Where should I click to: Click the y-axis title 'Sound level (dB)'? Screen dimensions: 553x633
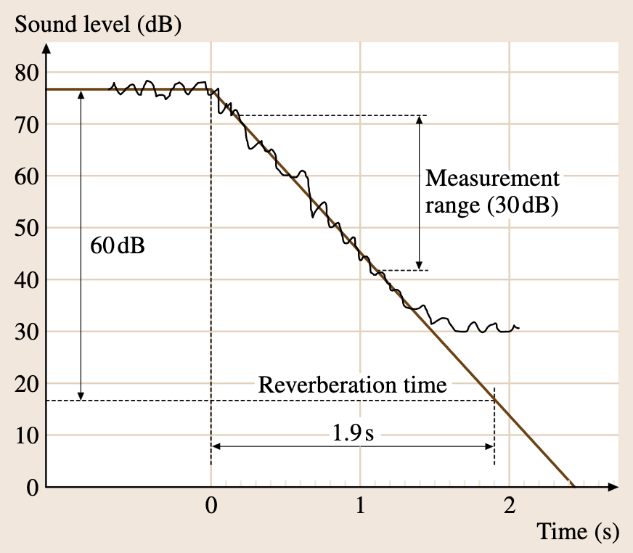[x=98, y=24]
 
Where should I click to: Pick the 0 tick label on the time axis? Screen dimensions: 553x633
[x=211, y=506]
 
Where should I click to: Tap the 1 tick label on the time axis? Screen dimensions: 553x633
[x=360, y=506]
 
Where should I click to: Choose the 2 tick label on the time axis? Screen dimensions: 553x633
[x=510, y=506]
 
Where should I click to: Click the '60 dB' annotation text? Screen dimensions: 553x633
[x=117, y=245]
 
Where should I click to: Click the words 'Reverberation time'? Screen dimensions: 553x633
[x=352, y=385]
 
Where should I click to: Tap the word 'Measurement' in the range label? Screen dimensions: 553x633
[x=493, y=179]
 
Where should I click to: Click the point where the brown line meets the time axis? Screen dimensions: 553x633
[x=572, y=486]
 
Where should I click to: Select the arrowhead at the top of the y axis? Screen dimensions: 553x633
[x=46, y=49]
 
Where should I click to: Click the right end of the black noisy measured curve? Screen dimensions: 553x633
[x=519, y=328]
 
